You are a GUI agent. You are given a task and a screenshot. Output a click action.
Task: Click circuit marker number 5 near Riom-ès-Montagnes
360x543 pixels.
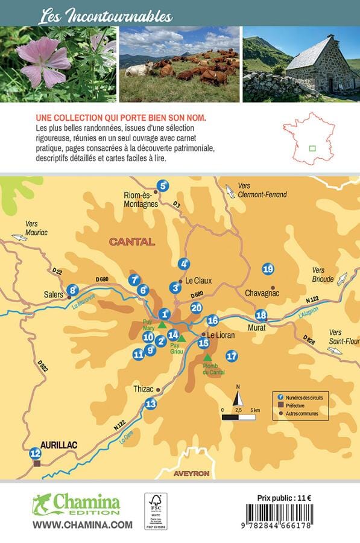pos(162,186)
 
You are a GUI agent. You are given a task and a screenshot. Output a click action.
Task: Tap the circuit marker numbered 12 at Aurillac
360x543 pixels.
pos(35,453)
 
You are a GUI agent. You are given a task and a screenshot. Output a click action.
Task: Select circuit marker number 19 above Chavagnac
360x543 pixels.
pos(268,269)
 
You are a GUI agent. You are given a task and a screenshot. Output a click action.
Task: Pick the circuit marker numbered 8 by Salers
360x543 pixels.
pos(72,290)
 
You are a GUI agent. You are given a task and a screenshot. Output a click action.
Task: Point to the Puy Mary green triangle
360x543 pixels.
pos(162,325)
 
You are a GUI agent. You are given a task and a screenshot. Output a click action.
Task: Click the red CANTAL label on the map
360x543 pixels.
pos(132,242)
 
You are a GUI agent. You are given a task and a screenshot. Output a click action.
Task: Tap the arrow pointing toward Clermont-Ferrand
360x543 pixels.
pos(230,192)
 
